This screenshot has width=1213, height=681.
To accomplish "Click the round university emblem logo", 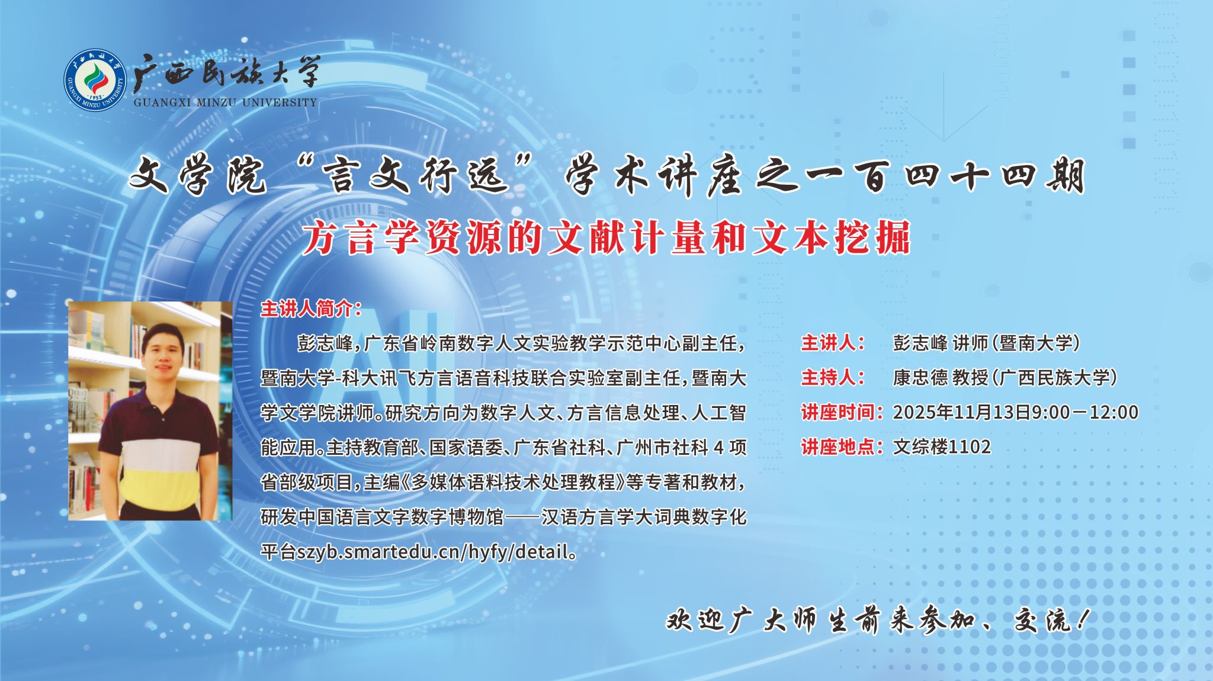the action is pos(95,79).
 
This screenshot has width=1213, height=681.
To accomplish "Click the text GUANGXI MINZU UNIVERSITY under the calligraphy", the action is pos(225,102).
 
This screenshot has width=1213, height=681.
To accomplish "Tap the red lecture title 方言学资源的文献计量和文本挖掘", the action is pos(605,238).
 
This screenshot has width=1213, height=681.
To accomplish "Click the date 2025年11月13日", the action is pos(962,412).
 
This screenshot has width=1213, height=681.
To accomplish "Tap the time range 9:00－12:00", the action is pos(1085,412).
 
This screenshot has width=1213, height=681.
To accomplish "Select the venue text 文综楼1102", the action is pos(942,446).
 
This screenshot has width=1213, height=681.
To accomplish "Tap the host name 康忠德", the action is pos(920,377).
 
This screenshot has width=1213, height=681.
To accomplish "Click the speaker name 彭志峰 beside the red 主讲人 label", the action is pos(920,343).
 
